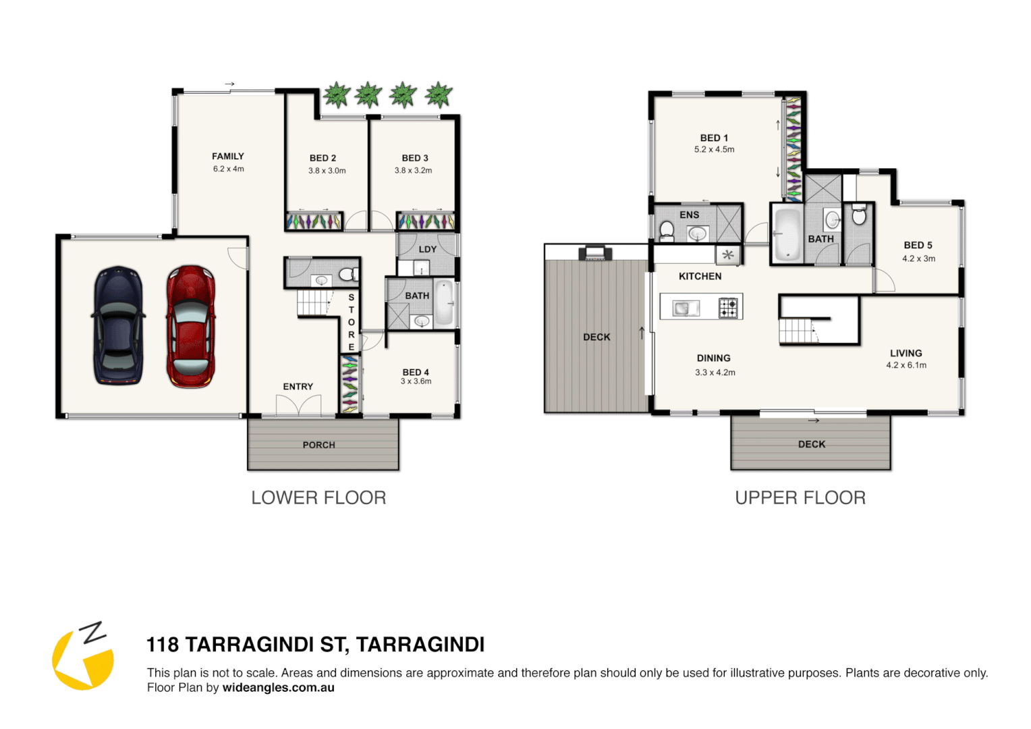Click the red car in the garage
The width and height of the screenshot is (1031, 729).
pos(191,326)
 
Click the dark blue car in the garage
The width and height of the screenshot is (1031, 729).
pos(118,326)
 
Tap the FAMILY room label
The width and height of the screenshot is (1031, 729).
pos(228,156)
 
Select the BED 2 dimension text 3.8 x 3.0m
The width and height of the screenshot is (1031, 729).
pos(327,171)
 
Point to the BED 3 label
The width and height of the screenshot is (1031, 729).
pos(415,158)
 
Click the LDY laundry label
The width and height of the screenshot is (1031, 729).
pos(428,249)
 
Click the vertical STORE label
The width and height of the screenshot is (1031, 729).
pos(351,322)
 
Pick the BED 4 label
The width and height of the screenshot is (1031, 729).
pos(416,372)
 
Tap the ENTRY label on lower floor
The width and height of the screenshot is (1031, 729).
pos(298,387)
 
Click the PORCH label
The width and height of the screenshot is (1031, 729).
pos(319,445)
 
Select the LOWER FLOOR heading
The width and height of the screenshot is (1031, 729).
pos(318,498)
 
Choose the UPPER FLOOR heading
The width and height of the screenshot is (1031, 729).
pos(800,498)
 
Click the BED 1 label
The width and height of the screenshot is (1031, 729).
pos(714,138)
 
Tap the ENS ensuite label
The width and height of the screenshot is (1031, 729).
pos(690,215)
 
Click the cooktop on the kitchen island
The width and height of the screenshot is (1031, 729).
pos(728,308)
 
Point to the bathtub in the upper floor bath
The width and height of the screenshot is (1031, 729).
pos(787,234)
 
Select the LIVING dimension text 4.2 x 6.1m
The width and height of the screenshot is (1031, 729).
pos(906,365)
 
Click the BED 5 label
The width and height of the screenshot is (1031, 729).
pos(918,245)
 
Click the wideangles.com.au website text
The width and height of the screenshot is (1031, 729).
pos(278,688)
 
